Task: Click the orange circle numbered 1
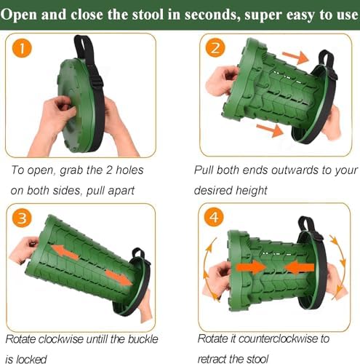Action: click(22, 47)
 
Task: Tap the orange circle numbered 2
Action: click(215, 47)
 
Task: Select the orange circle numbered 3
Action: click(22, 218)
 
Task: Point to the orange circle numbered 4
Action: click(214, 217)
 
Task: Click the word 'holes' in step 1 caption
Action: click(129, 170)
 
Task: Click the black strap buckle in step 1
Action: click(97, 79)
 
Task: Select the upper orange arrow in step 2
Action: click(296, 57)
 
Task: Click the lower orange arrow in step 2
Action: click(270, 129)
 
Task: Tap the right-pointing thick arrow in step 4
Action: click(251, 267)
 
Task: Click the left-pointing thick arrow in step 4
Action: click(299, 267)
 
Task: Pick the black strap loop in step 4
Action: click(306, 224)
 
